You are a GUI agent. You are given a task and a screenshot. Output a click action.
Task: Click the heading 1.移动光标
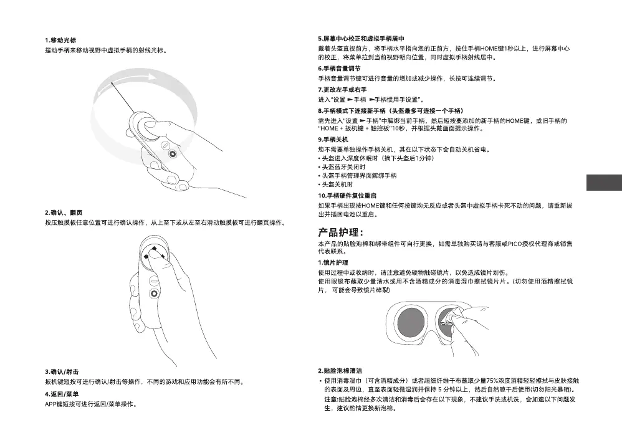coord(60,40)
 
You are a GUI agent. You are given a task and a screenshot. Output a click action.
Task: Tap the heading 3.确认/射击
coord(62,371)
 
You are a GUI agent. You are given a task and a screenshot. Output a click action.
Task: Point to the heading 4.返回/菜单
coord(62,395)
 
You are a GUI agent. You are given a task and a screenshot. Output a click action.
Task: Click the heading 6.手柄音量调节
coord(338,68)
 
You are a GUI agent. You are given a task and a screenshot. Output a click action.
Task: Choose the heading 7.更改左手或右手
coord(342,90)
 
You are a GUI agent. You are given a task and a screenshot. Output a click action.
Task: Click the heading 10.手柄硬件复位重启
coord(347,196)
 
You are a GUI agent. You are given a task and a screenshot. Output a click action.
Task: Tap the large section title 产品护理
coord(337,232)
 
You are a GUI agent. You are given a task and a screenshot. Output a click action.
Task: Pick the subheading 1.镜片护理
coord(333,262)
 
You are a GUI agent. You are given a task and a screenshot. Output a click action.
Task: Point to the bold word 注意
coord(331,399)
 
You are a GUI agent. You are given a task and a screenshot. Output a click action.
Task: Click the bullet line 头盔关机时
coord(337,184)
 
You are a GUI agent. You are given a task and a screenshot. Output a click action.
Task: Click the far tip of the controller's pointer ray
coord(112,83)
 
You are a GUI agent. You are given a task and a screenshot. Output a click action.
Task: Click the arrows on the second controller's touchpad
coord(153,252)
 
